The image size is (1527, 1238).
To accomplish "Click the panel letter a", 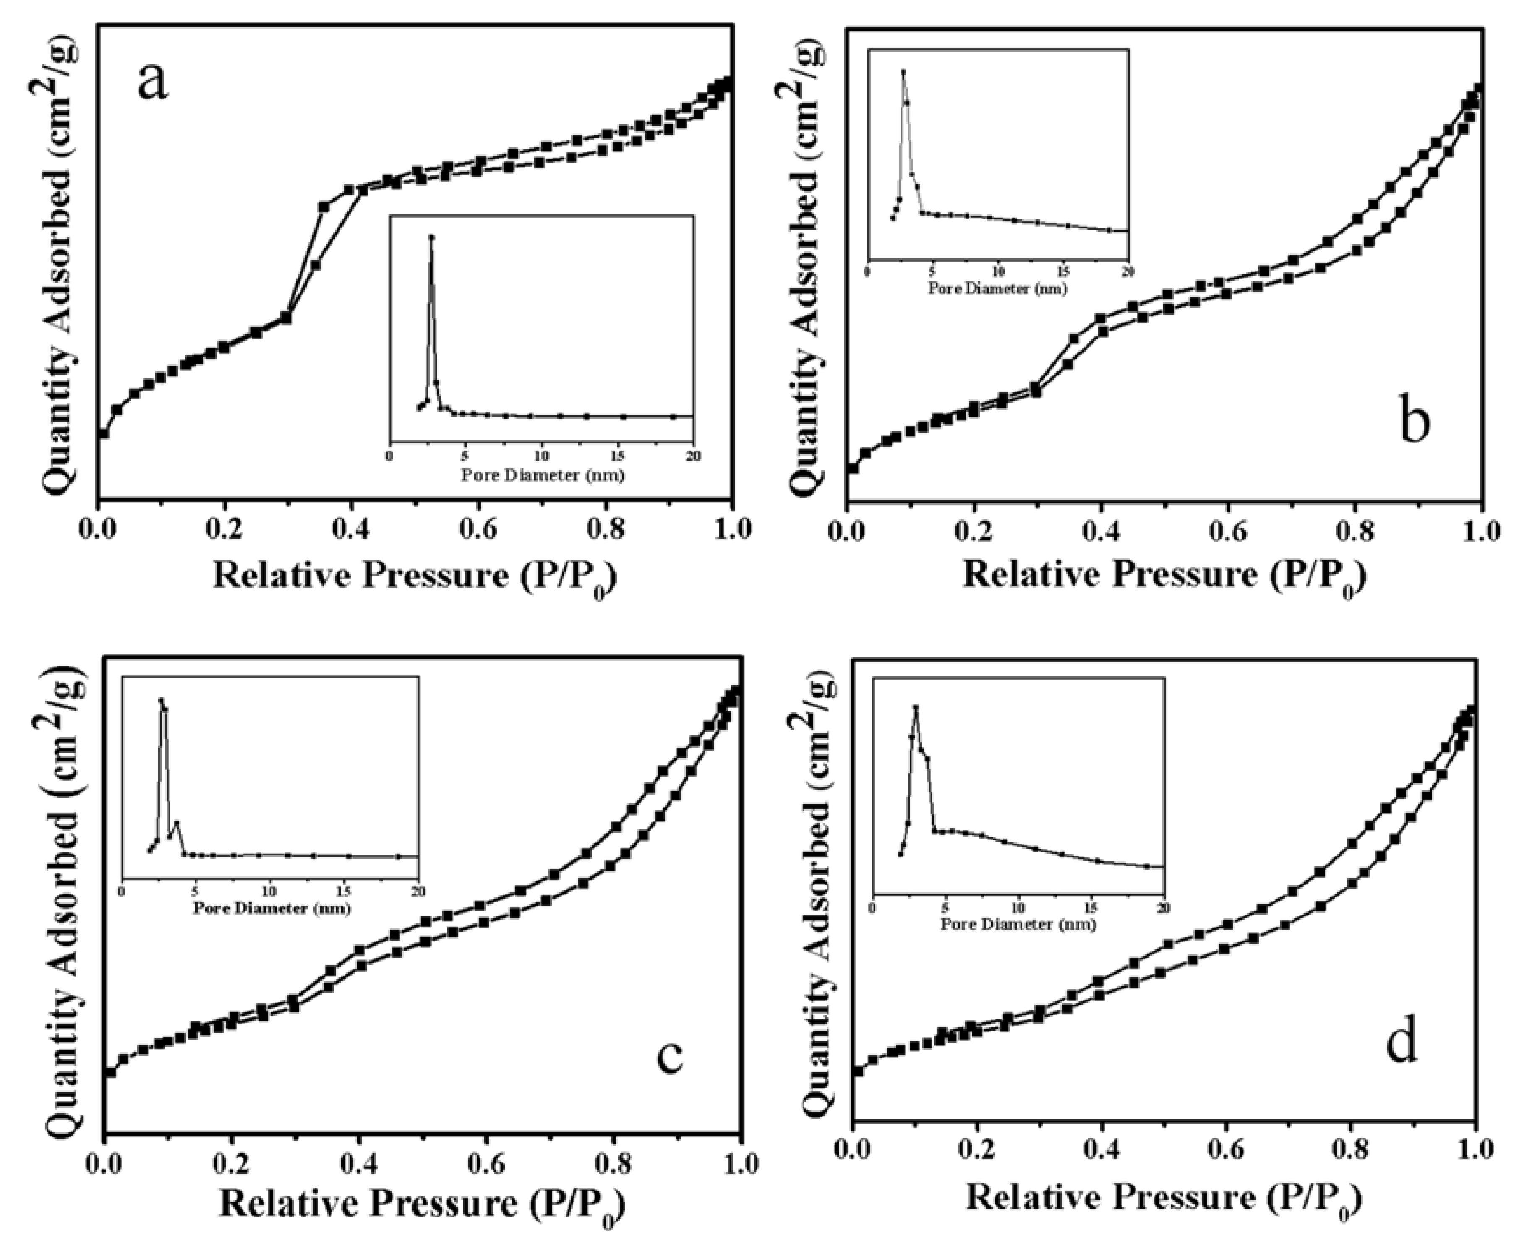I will [x=153, y=82].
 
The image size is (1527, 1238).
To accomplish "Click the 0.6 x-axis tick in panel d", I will [x=1227, y=1149].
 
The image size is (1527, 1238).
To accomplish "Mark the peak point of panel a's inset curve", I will [x=431, y=237].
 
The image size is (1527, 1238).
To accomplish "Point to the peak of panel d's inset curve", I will [x=916, y=707].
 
